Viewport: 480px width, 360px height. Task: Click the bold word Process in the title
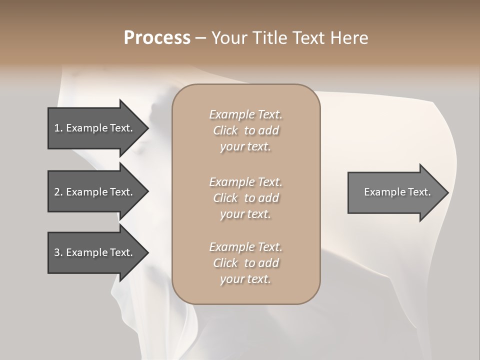[157, 38]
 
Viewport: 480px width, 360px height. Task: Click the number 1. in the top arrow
[58, 128]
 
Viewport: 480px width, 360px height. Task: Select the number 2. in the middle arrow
[58, 192]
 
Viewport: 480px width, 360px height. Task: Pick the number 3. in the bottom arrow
[58, 252]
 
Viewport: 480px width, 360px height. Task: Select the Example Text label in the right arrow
[397, 192]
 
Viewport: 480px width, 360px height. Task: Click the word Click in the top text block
[225, 131]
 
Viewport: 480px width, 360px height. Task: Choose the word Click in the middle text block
[225, 198]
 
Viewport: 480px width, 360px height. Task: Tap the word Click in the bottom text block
[225, 263]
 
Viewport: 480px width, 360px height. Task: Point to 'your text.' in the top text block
[245, 147]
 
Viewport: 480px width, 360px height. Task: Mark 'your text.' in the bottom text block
[245, 279]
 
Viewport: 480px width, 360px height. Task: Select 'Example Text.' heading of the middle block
[245, 182]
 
